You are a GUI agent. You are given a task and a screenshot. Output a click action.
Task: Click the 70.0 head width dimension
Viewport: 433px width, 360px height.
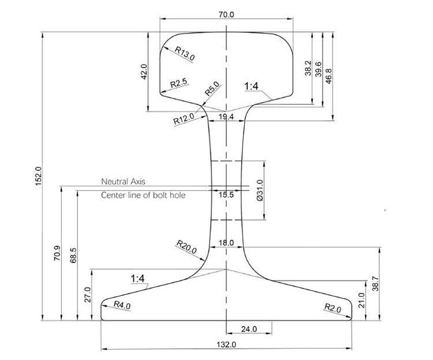pos(226,14)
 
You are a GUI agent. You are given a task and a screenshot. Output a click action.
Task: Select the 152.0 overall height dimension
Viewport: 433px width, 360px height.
pos(38,176)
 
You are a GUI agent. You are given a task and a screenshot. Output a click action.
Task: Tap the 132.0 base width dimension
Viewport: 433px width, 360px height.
pos(226,344)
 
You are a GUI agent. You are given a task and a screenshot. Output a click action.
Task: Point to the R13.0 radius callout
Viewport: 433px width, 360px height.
pos(185,54)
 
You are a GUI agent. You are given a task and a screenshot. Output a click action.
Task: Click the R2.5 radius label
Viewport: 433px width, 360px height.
pos(178,84)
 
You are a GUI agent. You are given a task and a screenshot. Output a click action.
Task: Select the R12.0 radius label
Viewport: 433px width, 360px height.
pos(184,121)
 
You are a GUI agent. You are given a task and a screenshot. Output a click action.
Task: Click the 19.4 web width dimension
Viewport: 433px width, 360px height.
pos(226,117)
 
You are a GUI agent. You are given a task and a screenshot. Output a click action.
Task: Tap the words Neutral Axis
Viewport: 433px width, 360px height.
pos(124,181)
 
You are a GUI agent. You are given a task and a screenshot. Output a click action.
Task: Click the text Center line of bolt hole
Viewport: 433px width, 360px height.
pos(143,196)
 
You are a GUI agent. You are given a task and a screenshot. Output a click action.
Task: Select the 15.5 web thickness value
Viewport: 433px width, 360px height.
pos(226,195)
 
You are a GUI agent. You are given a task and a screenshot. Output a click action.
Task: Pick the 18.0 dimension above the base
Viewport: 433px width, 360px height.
pos(226,243)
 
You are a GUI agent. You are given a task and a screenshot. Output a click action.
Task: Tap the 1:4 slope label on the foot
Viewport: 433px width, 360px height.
pos(139,279)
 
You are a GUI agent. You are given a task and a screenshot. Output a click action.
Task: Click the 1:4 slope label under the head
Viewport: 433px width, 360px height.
pos(253,87)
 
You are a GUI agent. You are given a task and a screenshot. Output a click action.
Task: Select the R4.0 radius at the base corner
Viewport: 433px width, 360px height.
pos(122,304)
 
